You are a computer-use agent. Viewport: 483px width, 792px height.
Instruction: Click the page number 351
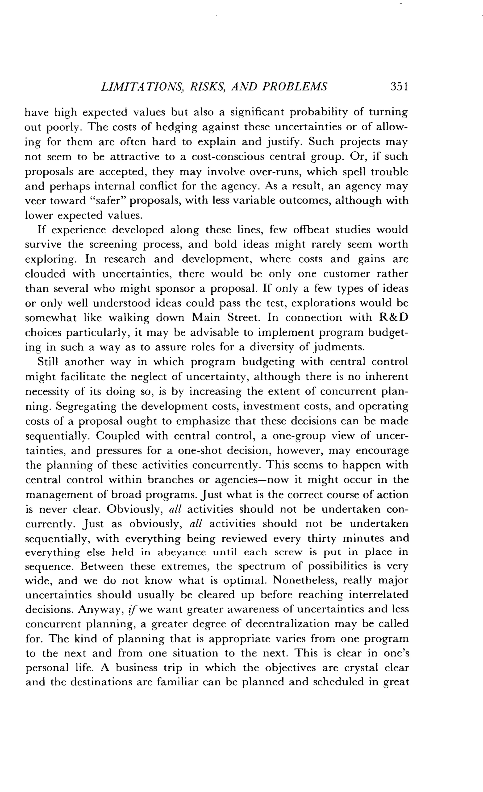tap(399, 87)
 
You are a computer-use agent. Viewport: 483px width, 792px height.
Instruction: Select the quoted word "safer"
tap(108, 201)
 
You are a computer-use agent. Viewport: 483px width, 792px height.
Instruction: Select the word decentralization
tap(287, 624)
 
